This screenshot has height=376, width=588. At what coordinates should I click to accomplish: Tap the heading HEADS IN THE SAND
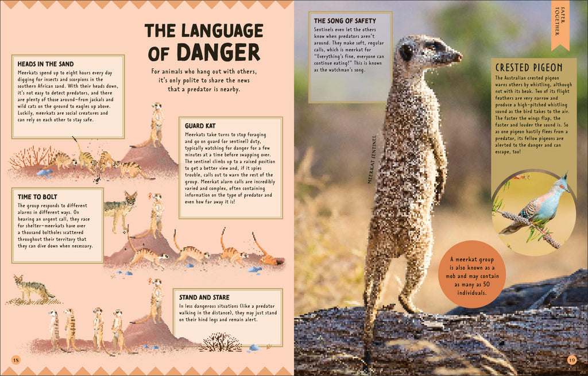[46, 64]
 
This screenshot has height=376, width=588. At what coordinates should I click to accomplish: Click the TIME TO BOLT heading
[38, 197]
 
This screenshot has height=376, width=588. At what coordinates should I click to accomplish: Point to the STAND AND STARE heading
[204, 297]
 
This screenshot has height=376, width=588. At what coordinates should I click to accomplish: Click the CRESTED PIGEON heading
[529, 68]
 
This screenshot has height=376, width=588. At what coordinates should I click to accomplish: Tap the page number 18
[16, 360]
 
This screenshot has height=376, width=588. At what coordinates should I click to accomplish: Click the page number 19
[571, 360]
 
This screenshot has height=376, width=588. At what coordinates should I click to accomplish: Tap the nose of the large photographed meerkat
[458, 56]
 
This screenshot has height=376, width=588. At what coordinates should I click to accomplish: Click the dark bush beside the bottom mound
[222, 342]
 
